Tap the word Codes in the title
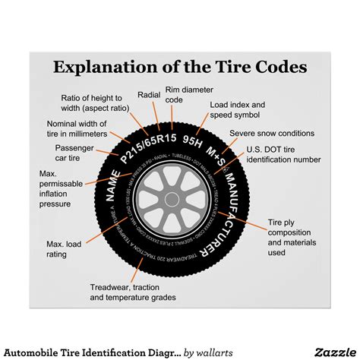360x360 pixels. pyautogui.click(x=279, y=66)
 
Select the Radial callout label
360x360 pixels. pyautogui.click(x=148, y=95)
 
